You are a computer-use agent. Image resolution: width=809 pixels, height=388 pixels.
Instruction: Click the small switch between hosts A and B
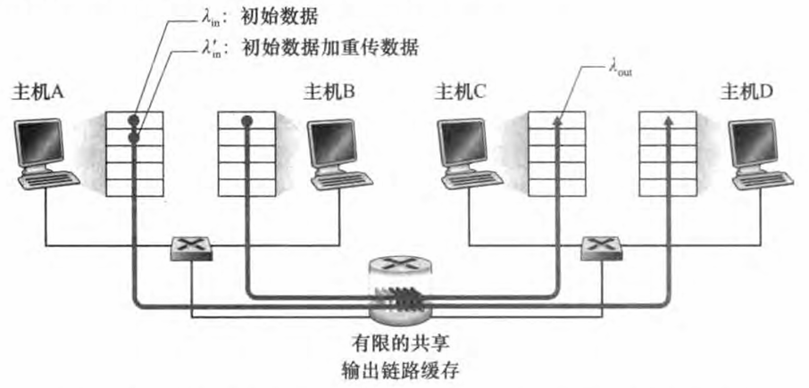(191, 247)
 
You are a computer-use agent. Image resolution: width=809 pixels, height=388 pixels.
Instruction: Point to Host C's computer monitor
(464, 143)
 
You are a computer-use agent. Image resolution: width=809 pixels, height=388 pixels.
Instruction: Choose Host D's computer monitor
(752, 143)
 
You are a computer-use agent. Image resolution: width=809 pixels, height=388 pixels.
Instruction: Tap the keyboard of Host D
(755, 180)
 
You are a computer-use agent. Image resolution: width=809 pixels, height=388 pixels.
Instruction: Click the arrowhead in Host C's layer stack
(555, 121)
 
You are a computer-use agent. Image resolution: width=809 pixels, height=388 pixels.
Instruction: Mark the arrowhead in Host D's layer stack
(669, 121)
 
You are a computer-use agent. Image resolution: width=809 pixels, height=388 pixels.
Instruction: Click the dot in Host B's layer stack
(246, 120)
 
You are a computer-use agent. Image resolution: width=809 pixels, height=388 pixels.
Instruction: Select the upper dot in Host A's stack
(133, 120)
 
